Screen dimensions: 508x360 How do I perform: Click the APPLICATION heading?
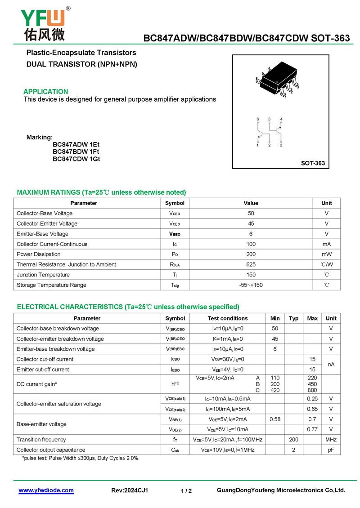(46, 92)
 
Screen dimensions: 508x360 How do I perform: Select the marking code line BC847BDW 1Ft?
(76, 152)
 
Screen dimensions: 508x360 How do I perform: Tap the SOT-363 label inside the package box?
(313, 163)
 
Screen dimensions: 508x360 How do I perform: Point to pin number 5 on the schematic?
(269, 119)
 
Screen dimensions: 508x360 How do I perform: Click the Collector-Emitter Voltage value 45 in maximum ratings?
(251, 223)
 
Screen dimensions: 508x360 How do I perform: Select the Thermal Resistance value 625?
(251, 264)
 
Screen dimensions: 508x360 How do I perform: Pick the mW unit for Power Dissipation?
(326, 254)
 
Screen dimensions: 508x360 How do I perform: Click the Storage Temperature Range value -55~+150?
(251, 285)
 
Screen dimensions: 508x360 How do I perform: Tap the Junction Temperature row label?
(43, 275)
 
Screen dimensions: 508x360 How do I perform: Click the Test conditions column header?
(227, 318)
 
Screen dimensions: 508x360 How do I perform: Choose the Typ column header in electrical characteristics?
(293, 318)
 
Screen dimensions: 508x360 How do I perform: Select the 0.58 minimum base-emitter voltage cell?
(275, 419)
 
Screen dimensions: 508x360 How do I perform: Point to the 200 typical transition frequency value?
(293, 440)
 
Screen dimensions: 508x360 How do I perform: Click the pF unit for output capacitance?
(331, 450)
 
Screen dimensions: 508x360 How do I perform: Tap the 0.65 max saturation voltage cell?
(312, 409)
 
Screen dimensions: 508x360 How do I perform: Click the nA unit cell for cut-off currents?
(331, 364)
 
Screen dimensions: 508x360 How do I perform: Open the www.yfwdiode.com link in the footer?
(46, 490)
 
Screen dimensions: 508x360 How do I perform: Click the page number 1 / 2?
(186, 491)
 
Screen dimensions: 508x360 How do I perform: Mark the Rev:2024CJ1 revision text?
(130, 490)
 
